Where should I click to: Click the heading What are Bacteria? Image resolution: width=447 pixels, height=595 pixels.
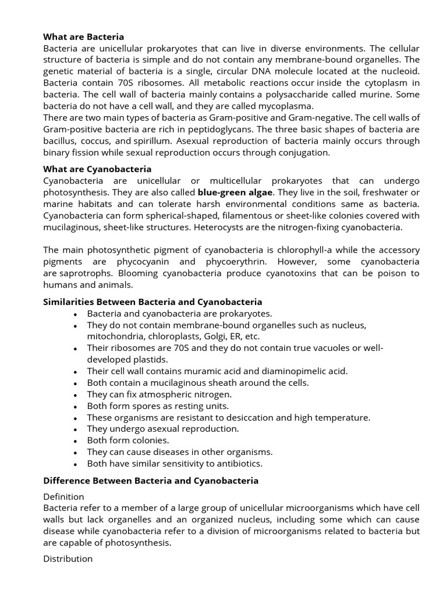pyautogui.click(x=84, y=37)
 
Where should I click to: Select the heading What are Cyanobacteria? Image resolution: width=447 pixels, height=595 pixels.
pyautogui.click(x=97, y=169)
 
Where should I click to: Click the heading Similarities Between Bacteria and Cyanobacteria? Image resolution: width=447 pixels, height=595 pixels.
pyautogui.click(x=152, y=302)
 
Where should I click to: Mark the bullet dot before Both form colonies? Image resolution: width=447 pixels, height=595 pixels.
pyautogui.click(x=76, y=441)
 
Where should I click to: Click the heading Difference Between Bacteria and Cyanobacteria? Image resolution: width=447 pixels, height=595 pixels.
pyautogui.click(x=151, y=481)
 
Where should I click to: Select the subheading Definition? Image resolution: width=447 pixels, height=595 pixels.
pyautogui.click(x=64, y=497)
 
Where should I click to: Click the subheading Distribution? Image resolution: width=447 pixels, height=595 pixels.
pyautogui.click(x=68, y=558)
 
